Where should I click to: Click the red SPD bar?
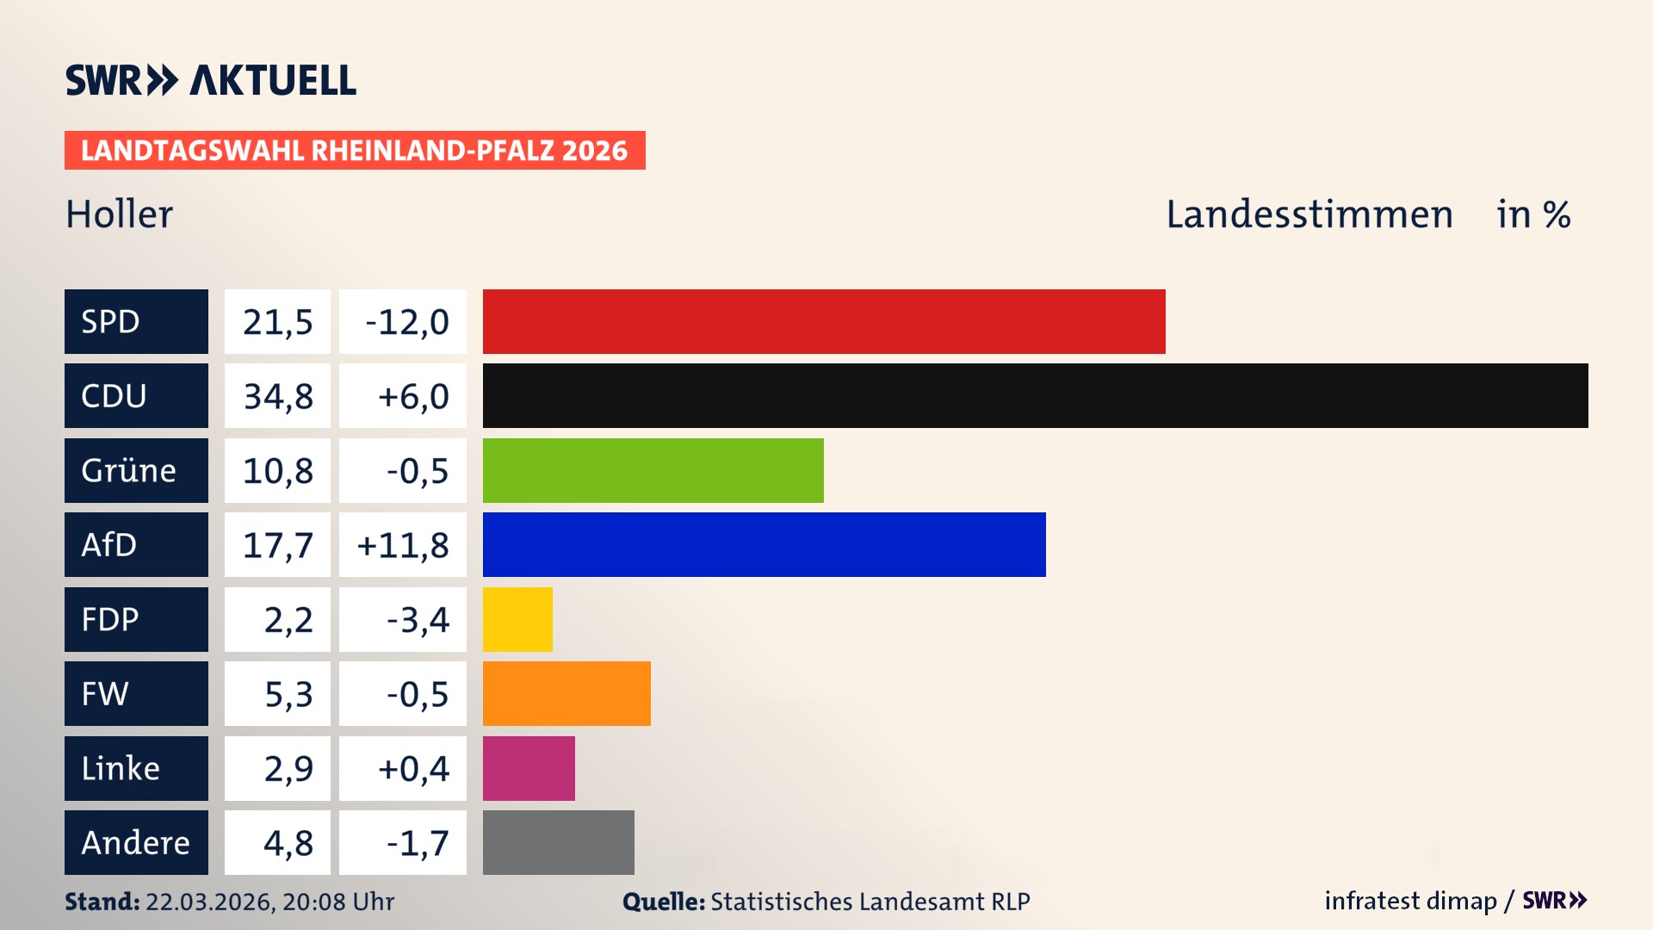click(x=824, y=321)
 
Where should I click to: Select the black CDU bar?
click(x=1035, y=396)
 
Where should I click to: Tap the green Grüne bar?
click(x=653, y=470)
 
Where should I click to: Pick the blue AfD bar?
click(x=764, y=544)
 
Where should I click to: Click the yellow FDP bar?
click(x=517, y=619)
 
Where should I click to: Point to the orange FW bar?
click(x=566, y=693)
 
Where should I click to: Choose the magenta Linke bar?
click(x=529, y=768)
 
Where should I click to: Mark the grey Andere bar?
click(x=558, y=842)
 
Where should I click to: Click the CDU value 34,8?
click(x=277, y=396)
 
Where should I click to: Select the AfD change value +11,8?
click(x=403, y=544)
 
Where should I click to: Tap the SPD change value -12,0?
click(x=406, y=321)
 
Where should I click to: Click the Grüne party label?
click(x=129, y=470)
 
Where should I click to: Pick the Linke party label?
click(x=121, y=768)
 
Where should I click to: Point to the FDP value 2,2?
click(x=288, y=619)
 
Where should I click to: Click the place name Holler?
click(x=119, y=214)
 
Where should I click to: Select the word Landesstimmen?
click(x=1309, y=214)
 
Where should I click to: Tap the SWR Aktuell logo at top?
click(x=210, y=80)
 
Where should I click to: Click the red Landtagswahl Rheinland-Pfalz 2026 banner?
click(x=354, y=150)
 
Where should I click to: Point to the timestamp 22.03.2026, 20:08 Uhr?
click(x=269, y=902)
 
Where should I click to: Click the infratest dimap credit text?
click(x=1409, y=901)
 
